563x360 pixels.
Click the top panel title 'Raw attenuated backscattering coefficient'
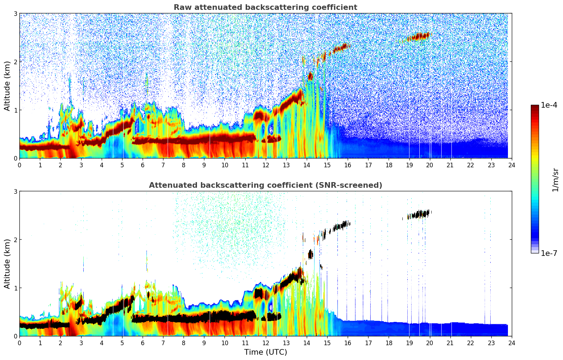tap(265, 7)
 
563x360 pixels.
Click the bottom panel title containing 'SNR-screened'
tap(265, 185)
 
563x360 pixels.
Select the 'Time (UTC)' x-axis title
tap(265, 352)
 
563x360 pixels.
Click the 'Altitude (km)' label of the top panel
tap(7, 86)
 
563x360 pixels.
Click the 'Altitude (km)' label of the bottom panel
tap(7, 264)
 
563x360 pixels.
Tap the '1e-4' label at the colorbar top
tap(549, 105)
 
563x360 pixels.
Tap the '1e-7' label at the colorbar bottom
tap(549, 253)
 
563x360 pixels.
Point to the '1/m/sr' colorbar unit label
tap(555, 180)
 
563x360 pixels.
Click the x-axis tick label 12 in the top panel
tap(265, 165)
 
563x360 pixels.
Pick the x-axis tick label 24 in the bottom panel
tap(511, 343)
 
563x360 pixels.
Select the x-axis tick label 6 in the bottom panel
tap(142, 343)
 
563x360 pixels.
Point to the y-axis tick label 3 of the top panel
tap(15, 13)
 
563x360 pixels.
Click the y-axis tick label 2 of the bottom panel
tap(15, 240)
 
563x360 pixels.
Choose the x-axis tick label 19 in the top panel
tap(409, 165)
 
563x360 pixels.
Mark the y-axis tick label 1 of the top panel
tap(15, 110)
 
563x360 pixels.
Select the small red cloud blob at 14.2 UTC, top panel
tap(310, 76)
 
